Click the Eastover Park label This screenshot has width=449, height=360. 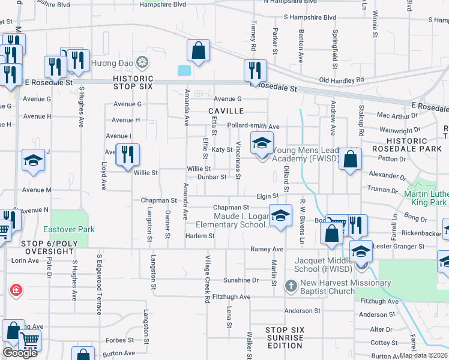(x=69, y=229)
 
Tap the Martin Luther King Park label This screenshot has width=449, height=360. (x=426, y=199)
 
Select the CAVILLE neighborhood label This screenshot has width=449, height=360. (x=226, y=111)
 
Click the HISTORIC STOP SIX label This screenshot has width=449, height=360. (x=133, y=83)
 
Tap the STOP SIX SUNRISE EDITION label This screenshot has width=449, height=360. (x=285, y=338)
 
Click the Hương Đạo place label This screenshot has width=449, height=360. (x=111, y=62)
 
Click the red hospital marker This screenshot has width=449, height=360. (x=16, y=290)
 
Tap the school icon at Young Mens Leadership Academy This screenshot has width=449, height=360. (x=261, y=144)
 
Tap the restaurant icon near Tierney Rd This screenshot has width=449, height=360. (x=255, y=71)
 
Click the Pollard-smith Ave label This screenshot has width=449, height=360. (x=254, y=127)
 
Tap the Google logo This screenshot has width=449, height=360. (x=20, y=353)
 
